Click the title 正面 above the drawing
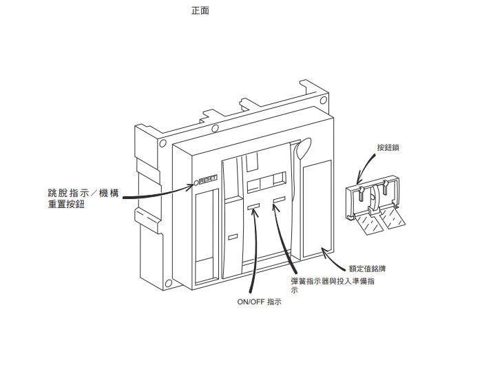200,11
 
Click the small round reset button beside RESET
196,182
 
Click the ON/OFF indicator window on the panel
253,205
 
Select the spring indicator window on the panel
278,202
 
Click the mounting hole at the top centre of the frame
215,128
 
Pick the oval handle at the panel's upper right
303,149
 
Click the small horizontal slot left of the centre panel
232,237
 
